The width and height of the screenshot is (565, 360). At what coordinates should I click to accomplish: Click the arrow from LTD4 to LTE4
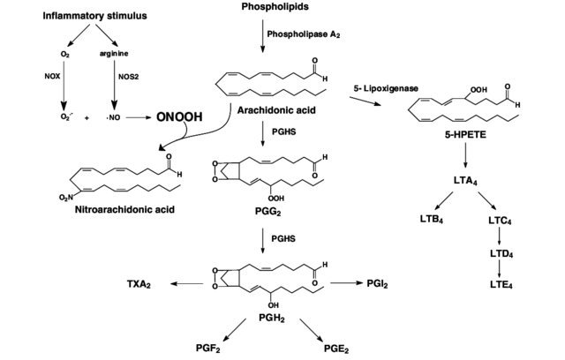pos(500,268)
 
